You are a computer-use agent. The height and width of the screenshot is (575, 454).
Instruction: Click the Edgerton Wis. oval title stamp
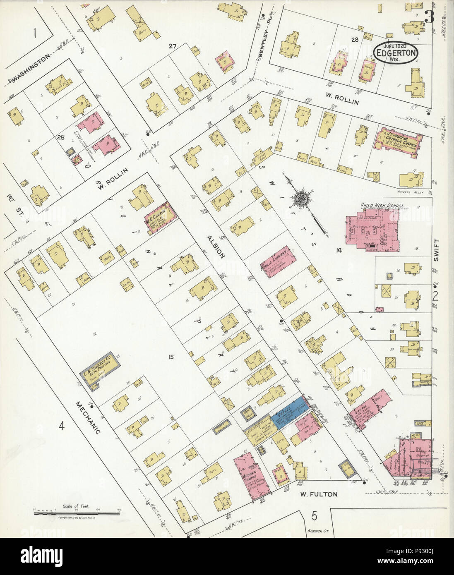click(396, 53)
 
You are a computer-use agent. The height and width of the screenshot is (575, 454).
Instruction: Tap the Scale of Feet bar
click(77, 513)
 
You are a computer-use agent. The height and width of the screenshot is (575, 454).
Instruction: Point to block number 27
click(173, 46)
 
